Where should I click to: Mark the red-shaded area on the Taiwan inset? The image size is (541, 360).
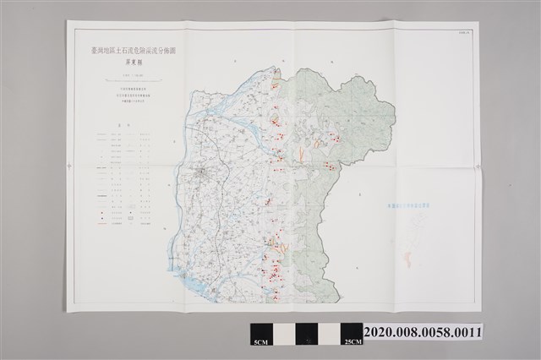click(409, 259)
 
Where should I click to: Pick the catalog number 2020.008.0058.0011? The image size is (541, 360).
click(423, 331)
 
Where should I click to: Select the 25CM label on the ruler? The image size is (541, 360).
click(351, 341)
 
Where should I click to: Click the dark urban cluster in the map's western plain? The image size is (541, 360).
click(204, 174)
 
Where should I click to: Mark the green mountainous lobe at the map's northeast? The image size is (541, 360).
click(363, 110)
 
